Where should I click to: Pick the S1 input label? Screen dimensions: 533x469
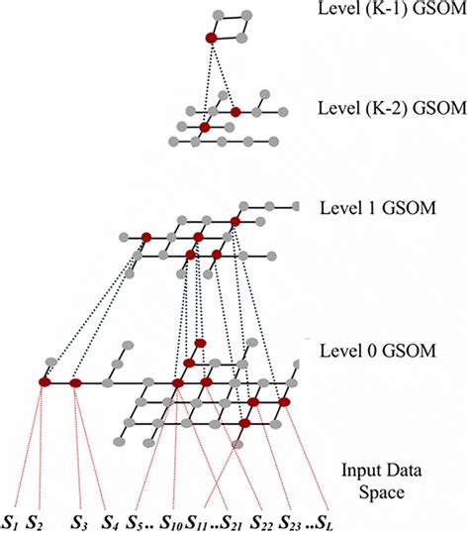click(x=11, y=519)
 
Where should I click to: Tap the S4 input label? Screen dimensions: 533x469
click(x=112, y=519)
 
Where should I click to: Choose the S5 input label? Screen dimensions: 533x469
click(x=138, y=519)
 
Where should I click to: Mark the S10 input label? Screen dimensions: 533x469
click(x=171, y=519)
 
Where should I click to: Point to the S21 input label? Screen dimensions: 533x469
click(x=229, y=519)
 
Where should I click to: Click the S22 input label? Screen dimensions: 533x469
click(x=263, y=519)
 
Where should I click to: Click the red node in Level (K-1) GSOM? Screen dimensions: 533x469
click(x=211, y=38)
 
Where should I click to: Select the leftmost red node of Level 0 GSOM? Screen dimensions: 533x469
click(x=44, y=381)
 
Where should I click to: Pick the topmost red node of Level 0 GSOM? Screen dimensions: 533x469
click(x=199, y=344)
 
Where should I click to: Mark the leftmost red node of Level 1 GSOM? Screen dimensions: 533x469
click(x=145, y=237)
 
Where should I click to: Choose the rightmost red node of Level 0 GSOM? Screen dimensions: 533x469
click(x=284, y=402)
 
